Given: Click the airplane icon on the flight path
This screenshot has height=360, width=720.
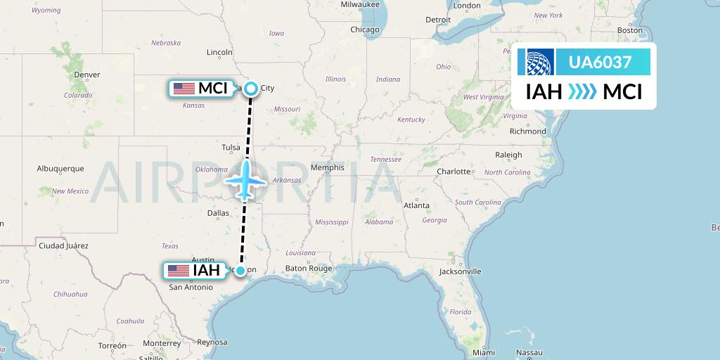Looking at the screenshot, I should (245, 180).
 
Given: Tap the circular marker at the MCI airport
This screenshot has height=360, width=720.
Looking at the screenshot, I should (251, 89).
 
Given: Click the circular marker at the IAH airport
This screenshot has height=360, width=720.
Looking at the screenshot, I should (240, 271).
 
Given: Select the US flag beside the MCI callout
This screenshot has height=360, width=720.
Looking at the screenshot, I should (184, 89).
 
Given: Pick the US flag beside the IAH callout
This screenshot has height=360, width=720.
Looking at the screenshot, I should (179, 271).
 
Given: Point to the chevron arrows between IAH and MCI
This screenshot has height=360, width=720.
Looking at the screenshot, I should (582, 91).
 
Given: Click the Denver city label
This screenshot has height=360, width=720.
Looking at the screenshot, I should (87, 75).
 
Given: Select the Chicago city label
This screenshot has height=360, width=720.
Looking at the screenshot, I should (365, 30).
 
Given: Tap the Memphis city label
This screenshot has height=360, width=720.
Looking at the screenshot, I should (328, 167).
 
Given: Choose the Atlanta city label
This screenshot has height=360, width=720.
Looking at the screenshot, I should (416, 205).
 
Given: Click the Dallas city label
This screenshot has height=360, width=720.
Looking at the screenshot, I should (218, 212).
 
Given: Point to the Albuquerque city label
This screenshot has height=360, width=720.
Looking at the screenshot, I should (60, 169).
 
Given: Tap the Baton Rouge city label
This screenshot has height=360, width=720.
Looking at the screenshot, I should (308, 268).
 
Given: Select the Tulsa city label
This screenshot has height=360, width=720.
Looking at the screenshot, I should (231, 148).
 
